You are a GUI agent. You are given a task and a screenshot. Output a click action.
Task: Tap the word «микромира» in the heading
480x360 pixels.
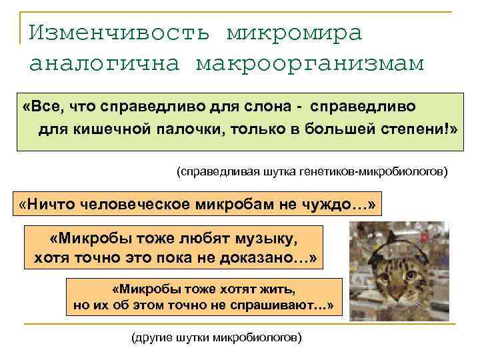295,31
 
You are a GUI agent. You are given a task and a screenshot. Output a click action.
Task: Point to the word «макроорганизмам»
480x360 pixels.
310,63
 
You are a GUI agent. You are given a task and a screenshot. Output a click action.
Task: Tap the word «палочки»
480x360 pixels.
192,128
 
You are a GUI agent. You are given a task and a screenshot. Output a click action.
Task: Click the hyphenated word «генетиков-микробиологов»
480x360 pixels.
384,172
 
